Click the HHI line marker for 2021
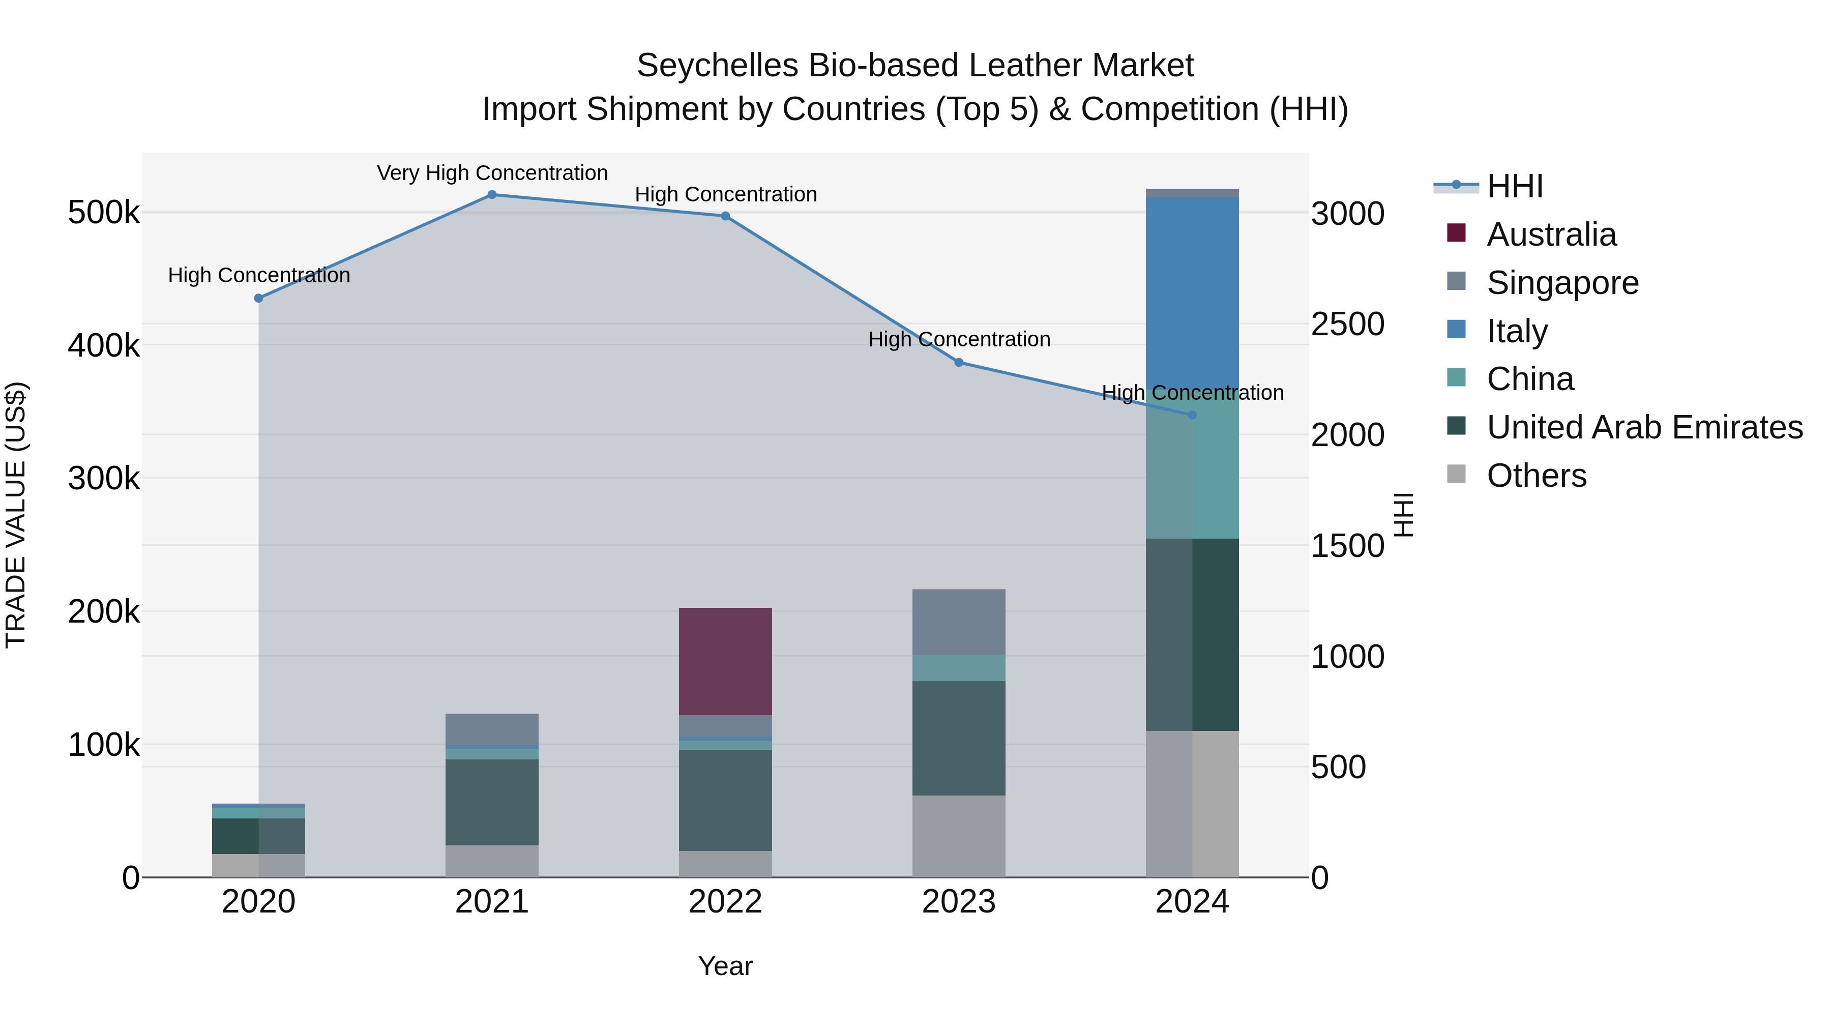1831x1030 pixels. coord(491,195)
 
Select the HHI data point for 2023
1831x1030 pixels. coord(958,363)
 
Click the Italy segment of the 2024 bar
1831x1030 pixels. coord(1192,291)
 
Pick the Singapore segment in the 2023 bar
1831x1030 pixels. coord(958,623)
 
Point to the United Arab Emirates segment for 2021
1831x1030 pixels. coord(491,802)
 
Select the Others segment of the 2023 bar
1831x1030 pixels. coord(958,836)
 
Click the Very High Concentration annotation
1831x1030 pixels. coord(492,173)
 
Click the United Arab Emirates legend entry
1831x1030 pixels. coord(1644,427)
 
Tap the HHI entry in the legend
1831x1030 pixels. coord(1514,186)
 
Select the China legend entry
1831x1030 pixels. coord(1529,379)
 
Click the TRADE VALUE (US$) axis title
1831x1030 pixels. coord(16,515)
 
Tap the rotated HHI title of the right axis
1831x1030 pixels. coord(1404,515)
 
